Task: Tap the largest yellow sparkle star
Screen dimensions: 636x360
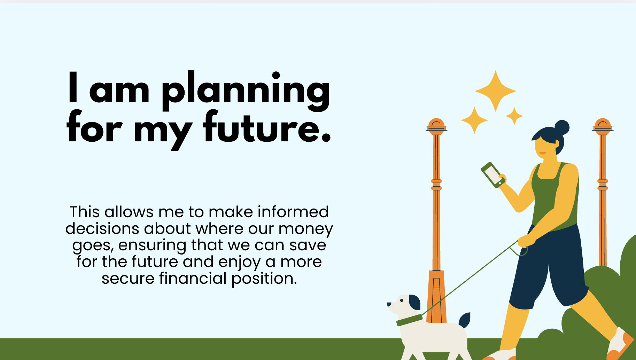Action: [496, 91]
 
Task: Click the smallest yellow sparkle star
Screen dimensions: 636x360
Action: [514, 116]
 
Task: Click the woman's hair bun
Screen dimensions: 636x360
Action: [561, 127]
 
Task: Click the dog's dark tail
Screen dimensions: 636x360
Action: [465, 320]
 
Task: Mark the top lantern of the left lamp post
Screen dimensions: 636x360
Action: [436, 127]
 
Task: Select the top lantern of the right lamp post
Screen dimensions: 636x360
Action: [603, 127]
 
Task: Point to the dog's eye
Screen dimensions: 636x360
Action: [402, 300]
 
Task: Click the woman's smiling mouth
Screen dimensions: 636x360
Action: [543, 153]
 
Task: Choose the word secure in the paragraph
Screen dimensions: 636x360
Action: [128, 279]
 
